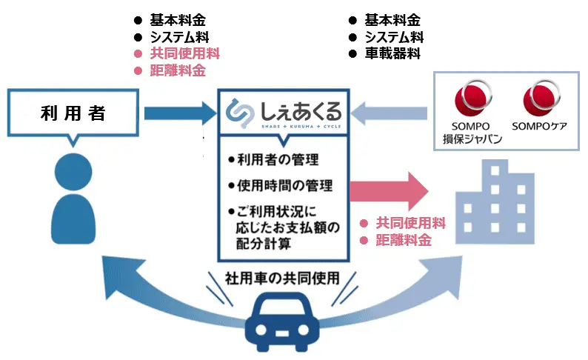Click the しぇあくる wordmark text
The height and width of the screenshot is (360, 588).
(300, 112)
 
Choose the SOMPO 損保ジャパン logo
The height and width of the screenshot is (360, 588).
(472, 111)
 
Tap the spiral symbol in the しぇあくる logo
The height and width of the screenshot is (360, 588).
(238, 113)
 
